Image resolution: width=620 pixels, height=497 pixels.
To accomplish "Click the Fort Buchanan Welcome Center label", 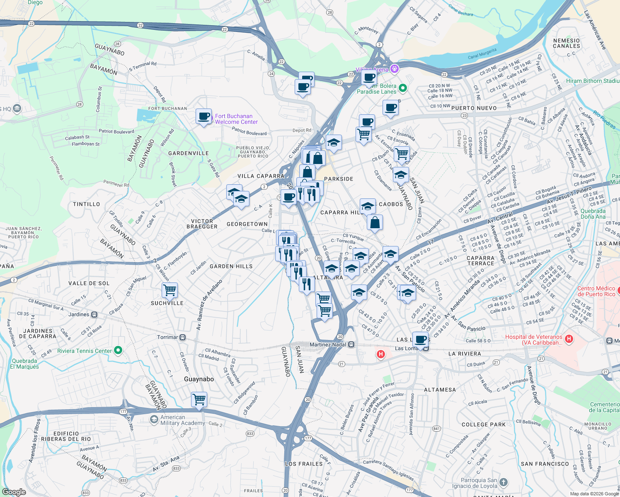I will [236, 119].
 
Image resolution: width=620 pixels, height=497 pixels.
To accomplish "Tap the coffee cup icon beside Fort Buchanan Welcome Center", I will [203, 116].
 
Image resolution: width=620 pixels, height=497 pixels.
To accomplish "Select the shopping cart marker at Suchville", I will [170, 290].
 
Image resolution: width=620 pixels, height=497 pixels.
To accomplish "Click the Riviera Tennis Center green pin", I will [118, 351].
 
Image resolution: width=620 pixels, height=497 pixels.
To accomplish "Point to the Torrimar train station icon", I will [183, 338].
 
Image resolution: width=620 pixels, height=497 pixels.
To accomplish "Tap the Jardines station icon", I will [94, 315].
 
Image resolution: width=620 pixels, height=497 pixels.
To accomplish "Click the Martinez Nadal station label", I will [327, 345].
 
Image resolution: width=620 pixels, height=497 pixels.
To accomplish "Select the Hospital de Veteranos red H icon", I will [569, 339].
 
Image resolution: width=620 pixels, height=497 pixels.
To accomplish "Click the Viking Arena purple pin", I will [395, 69].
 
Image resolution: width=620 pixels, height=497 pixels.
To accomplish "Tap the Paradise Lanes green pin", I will [402, 88].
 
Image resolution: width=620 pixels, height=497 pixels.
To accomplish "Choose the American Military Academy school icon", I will [154, 420].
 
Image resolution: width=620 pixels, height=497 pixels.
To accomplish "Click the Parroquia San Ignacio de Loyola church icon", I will [503, 482].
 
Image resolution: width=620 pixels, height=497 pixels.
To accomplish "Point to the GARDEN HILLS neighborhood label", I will [231, 266].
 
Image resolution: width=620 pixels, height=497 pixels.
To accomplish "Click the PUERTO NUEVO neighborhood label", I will [474, 108].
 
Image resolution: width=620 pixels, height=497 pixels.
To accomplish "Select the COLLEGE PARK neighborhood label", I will [484, 425].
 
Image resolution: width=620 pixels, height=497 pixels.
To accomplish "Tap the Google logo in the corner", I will [14, 492].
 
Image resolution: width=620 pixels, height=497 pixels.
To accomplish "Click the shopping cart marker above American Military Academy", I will [199, 400].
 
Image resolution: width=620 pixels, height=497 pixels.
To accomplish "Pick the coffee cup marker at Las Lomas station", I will [420, 340].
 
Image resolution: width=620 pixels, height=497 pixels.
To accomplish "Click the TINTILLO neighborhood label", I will [86, 204].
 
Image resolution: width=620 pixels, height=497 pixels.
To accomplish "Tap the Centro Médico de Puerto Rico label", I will [596, 291].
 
